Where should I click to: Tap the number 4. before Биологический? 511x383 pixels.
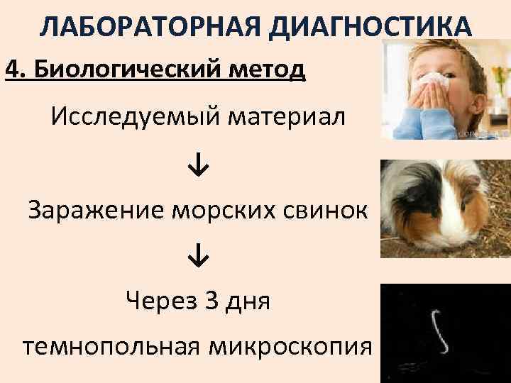click(x=16, y=71)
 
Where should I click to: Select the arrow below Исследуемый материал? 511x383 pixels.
click(x=198, y=165)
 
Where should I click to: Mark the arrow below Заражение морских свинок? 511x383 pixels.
click(x=198, y=257)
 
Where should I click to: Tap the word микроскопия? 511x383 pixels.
click(x=291, y=348)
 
